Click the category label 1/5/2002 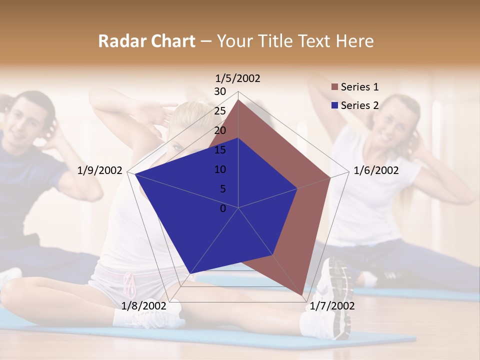click(237, 78)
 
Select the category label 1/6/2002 click(376, 170)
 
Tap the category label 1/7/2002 click(332, 305)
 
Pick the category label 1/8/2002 click(143, 305)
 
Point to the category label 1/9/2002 click(100, 170)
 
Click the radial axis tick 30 click(220, 91)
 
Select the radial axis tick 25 click(220, 111)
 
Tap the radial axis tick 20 click(220, 130)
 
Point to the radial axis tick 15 click(220, 150)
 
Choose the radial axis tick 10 click(220, 169)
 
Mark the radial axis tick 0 click(223, 208)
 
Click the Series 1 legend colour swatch click(334, 87)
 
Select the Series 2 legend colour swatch click(334, 105)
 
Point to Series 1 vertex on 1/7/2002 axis click(302, 295)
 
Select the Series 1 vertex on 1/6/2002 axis click(330, 177)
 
